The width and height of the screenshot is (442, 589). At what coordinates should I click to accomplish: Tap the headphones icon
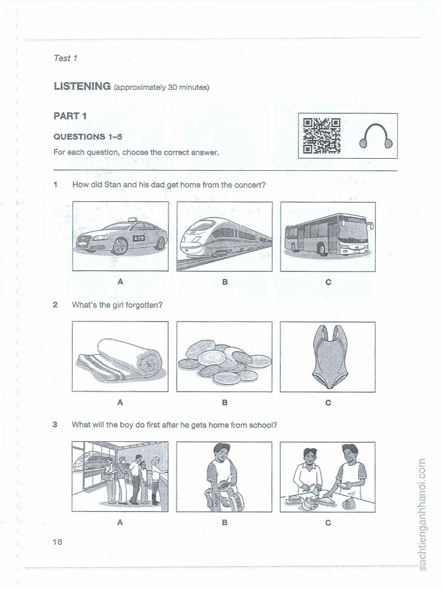376,137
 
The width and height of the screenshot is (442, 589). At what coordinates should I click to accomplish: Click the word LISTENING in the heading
82,87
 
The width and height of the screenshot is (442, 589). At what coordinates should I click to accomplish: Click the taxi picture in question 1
120,236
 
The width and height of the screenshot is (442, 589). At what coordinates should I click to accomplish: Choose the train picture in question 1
224,236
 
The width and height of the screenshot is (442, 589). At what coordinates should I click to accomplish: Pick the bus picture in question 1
328,236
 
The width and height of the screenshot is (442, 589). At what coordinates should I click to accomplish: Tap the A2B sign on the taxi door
139,238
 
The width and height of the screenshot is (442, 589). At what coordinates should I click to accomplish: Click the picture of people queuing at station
120,476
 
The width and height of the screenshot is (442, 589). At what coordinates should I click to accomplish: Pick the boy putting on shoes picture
224,476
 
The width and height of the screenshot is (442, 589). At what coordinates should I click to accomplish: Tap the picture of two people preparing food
328,476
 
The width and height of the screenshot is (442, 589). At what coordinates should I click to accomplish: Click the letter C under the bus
328,282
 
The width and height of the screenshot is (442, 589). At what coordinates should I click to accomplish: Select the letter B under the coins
224,403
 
